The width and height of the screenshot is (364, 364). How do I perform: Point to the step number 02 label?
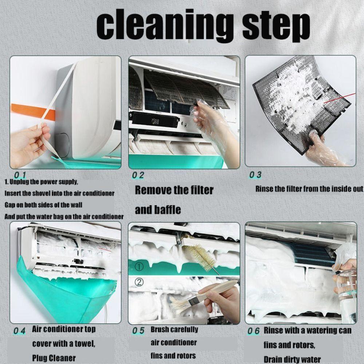tap(138, 175)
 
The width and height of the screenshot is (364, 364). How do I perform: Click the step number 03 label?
tap(255, 175)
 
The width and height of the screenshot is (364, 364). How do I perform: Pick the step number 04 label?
tap(20, 331)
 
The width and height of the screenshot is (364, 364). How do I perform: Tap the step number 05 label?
tap(138, 331)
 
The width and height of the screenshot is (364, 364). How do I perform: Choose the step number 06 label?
tap(253, 331)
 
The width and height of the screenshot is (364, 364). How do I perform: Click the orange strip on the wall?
tap(33, 111)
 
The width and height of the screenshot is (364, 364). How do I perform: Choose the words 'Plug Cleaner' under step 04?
tap(54, 358)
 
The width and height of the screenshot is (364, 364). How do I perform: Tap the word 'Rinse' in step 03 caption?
tap(265, 189)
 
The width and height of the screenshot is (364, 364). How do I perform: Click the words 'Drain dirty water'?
tap(292, 359)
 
